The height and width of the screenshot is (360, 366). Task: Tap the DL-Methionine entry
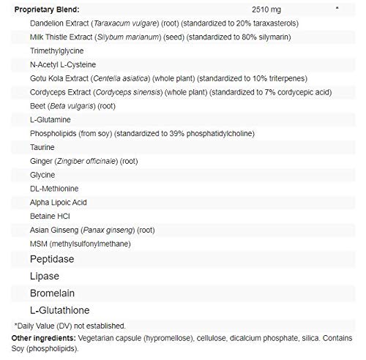51,192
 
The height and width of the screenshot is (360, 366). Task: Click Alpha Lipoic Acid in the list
56,205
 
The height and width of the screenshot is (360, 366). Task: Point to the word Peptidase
52,260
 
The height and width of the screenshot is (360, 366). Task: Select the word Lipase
44,276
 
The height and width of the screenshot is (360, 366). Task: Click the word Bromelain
51,293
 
